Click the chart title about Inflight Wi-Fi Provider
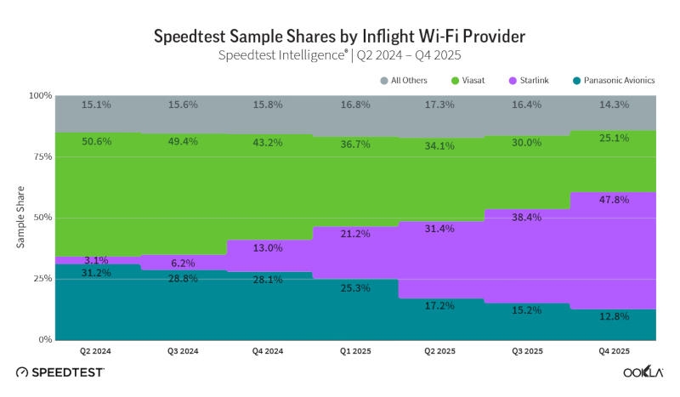coord(339,36)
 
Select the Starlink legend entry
coord(533,81)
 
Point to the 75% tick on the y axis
coord(41,156)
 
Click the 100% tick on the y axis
coord(39,96)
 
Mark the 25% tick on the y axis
coord(41,279)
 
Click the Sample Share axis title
coord(20,217)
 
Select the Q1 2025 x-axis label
coord(355,350)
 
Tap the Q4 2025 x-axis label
coord(614,350)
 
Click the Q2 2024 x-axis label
coord(97,350)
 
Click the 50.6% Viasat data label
coord(97,141)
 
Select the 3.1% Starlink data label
coord(97,260)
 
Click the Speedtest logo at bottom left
coord(59,372)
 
